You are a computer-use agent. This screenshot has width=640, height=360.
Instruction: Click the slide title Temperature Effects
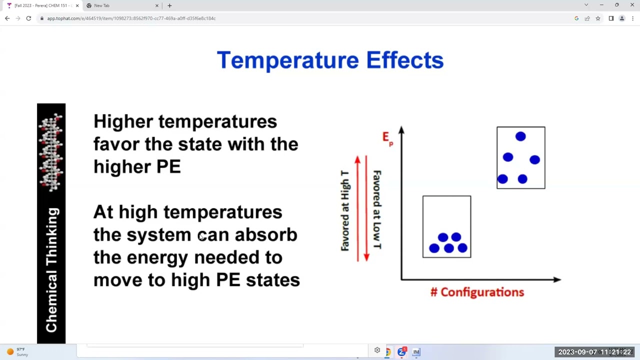click(330, 60)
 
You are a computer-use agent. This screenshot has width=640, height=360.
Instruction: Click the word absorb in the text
click(265, 234)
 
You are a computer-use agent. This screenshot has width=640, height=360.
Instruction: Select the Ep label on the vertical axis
click(387, 138)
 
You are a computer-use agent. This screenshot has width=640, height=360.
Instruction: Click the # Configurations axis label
click(477, 292)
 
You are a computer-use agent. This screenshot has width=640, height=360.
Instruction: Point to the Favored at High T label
click(345, 210)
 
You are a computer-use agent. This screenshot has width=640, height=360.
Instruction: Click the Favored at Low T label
click(377, 210)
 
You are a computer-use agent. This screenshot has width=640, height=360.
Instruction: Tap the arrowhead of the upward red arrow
click(357, 159)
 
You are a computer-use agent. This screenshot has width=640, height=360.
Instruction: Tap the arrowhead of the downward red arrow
click(366, 257)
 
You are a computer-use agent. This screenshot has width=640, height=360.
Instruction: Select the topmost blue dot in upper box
click(520, 136)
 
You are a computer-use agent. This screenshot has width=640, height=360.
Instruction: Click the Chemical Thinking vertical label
click(52, 270)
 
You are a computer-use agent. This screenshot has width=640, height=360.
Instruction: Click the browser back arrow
click(7, 18)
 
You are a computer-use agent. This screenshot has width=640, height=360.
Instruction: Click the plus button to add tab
click(169, 5)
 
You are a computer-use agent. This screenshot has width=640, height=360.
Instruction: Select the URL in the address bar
click(131, 18)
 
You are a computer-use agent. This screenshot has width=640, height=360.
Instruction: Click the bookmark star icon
click(598, 18)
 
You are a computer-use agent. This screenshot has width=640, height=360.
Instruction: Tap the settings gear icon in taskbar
click(377, 350)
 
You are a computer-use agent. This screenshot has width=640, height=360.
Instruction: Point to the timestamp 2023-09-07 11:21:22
click(594, 352)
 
